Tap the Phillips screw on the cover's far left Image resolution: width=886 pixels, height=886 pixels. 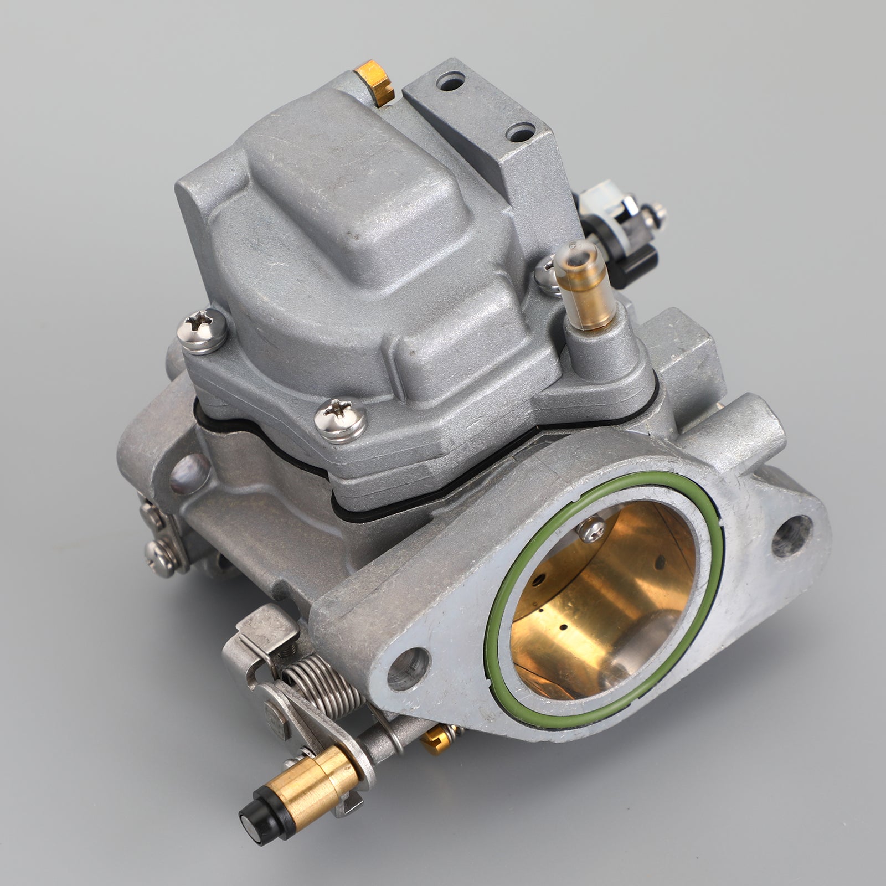[202, 330]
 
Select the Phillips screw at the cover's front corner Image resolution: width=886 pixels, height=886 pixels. [340, 420]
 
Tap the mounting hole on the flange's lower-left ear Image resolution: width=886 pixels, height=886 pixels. [409, 668]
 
